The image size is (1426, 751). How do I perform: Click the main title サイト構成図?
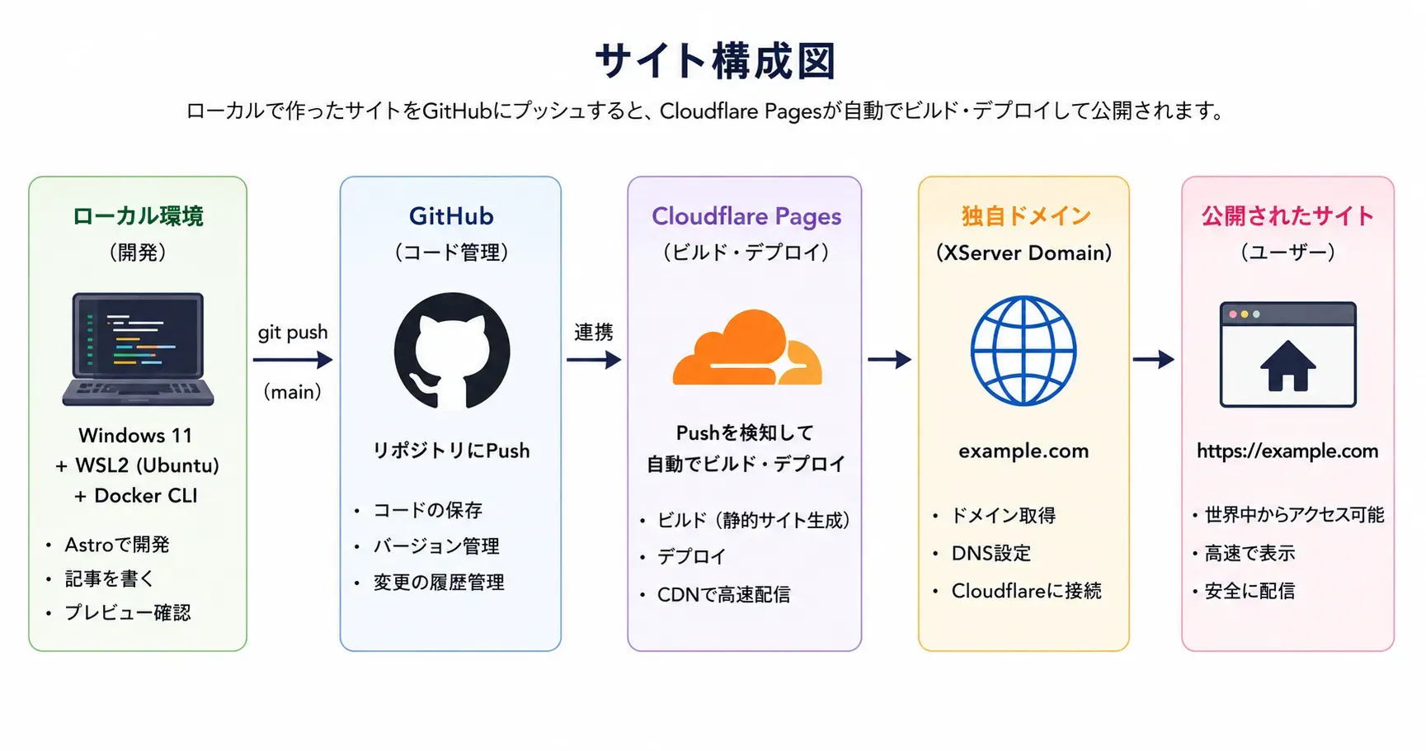click(x=715, y=61)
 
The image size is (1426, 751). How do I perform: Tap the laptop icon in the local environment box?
click(x=138, y=349)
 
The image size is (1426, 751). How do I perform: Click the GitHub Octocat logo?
click(x=452, y=351)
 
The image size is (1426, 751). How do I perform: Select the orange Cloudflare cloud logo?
click(x=747, y=347)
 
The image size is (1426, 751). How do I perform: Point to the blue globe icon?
click(x=1024, y=350)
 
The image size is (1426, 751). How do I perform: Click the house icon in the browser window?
click(x=1287, y=366)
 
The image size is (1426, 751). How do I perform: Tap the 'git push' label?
click(x=293, y=333)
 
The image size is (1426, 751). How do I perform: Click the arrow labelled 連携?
click(x=594, y=360)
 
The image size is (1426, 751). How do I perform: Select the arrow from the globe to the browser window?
click(x=1154, y=359)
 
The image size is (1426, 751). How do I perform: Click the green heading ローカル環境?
click(x=138, y=216)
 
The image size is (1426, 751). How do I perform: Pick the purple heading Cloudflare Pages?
click(x=746, y=216)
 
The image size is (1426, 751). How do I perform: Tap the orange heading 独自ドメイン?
click(x=1026, y=216)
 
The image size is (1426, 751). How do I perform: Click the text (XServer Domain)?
click(x=1024, y=253)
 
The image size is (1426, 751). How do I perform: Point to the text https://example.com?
click(x=1287, y=451)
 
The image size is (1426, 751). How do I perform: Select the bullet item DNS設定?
click(x=991, y=553)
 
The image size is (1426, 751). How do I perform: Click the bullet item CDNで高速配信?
click(x=723, y=594)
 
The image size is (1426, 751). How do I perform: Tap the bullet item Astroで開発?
click(x=117, y=545)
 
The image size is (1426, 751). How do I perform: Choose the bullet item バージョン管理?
click(x=436, y=546)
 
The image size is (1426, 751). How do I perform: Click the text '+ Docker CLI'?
click(x=136, y=496)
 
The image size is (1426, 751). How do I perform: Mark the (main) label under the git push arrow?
click(x=292, y=392)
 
